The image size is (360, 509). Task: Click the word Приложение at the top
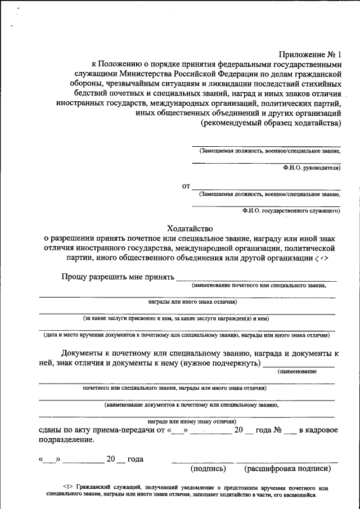[303, 55]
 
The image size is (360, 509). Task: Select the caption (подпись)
[208, 468]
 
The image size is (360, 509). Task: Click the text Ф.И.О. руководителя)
[312, 168]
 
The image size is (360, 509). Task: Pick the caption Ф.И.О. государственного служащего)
[291, 210]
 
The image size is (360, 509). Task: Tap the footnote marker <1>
[68, 488]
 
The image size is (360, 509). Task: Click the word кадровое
[323, 430]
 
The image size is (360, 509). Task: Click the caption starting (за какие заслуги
[176, 318]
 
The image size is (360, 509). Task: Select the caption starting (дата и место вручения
[186, 335]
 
